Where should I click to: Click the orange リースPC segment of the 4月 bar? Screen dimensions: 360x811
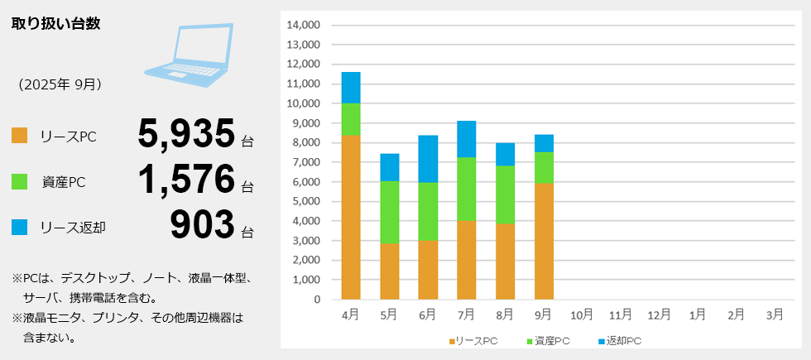(x=350, y=217)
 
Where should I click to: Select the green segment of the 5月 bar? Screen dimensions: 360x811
(x=389, y=212)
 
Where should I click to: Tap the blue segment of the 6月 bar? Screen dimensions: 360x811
(x=428, y=159)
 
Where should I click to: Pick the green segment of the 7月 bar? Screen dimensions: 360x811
(x=467, y=189)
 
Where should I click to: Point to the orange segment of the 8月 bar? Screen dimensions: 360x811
(x=505, y=261)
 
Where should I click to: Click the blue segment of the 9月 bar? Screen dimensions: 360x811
(x=544, y=143)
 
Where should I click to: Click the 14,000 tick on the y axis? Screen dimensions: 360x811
(x=303, y=25)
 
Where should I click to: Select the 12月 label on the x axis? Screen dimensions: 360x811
(x=659, y=315)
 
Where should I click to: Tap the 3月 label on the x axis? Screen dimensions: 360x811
(x=775, y=315)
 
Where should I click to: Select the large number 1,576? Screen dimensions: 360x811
(x=187, y=180)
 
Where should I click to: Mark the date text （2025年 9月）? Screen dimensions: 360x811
(x=60, y=84)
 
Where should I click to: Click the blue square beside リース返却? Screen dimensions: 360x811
(x=20, y=226)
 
